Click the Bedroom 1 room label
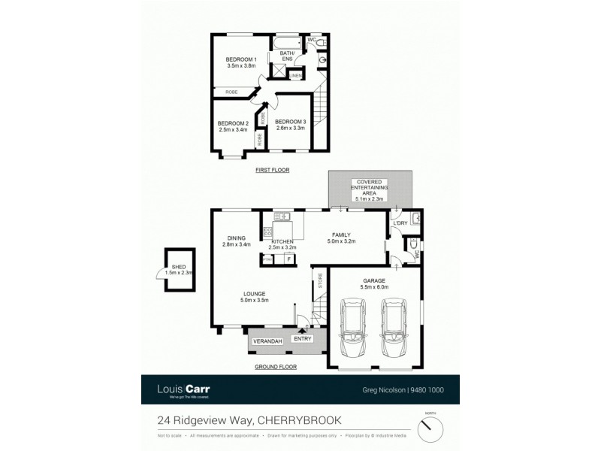coord(242,59)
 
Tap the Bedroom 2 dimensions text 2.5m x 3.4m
coord(233,130)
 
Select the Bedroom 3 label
coord(290,122)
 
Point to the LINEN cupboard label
coord(296,76)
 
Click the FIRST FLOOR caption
coord(272,171)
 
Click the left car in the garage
coord(353,328)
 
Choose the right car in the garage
coord(394,328)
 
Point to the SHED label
coord(178,267)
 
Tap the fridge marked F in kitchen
coord(288,260)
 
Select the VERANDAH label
coord(267,342)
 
